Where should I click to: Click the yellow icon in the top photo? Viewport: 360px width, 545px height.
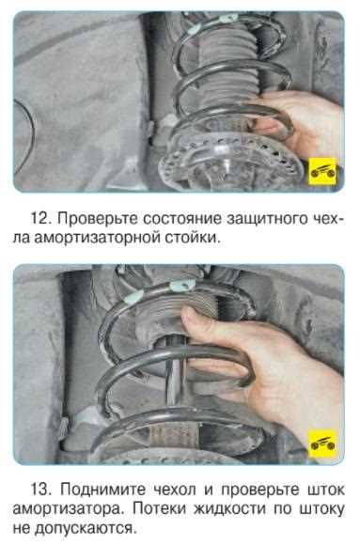tap(321, 172)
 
